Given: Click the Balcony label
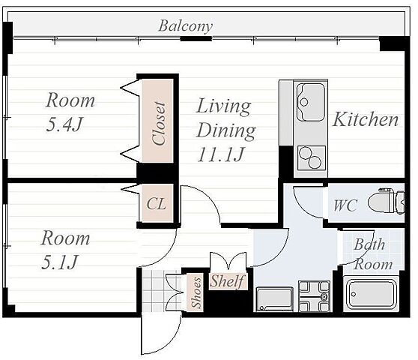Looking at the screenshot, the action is pos(186,26).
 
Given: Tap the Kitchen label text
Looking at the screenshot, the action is pos(366,119).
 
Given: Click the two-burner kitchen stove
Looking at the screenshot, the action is pos(312,157).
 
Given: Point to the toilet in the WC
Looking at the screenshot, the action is pos(387,202).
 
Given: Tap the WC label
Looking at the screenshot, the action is pos(345,205).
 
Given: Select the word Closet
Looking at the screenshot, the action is pos(159,124).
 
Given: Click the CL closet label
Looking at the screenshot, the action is pos(157,204).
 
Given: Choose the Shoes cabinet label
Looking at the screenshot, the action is pos(196,292).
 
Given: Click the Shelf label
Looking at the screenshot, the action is pos(227,280).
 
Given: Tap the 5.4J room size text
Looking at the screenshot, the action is pos(64,124).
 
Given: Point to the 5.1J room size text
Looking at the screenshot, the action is pos(60,262).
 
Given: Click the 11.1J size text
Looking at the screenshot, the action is pos(221,154).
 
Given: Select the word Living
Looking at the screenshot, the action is pos(224,106).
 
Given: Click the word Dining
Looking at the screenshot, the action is pos(226,131).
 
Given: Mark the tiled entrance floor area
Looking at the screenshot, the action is pos(161,291).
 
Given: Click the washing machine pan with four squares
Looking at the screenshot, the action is pos(315,296).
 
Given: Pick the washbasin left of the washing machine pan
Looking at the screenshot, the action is pos(275,299).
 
